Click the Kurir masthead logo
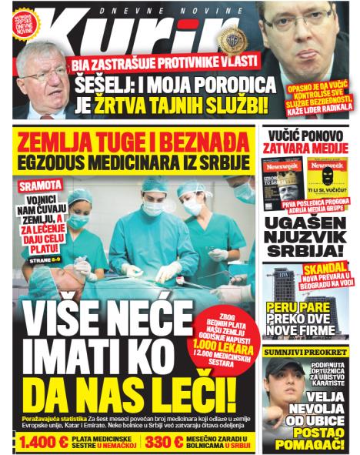(146, 35)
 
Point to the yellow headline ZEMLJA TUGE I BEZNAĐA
(134, 143)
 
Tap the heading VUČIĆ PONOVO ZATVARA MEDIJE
(305, 139)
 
